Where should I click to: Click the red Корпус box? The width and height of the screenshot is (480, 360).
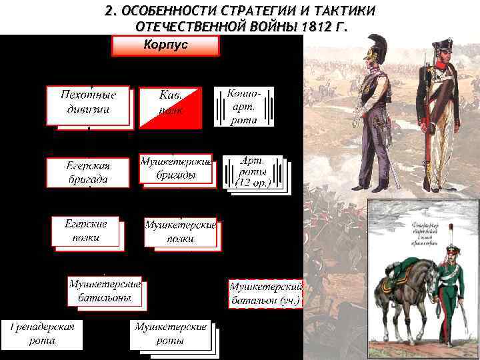[x=165, y=46]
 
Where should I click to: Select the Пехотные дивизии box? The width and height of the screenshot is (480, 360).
[x=88, y=104]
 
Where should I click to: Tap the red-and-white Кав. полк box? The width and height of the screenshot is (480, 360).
[x=170, y=107]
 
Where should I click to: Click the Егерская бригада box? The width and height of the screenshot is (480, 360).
[x=87, y=172]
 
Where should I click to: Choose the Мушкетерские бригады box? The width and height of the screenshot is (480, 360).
[x=175, y=169]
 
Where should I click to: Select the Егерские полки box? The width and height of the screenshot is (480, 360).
[x=86, y=231]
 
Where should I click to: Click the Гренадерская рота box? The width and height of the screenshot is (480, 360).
[x=42, y=334]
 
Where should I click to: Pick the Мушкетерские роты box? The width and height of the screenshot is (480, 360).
[x=170, y=334]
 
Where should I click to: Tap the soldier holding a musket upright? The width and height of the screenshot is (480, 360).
[x=440, y=113]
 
